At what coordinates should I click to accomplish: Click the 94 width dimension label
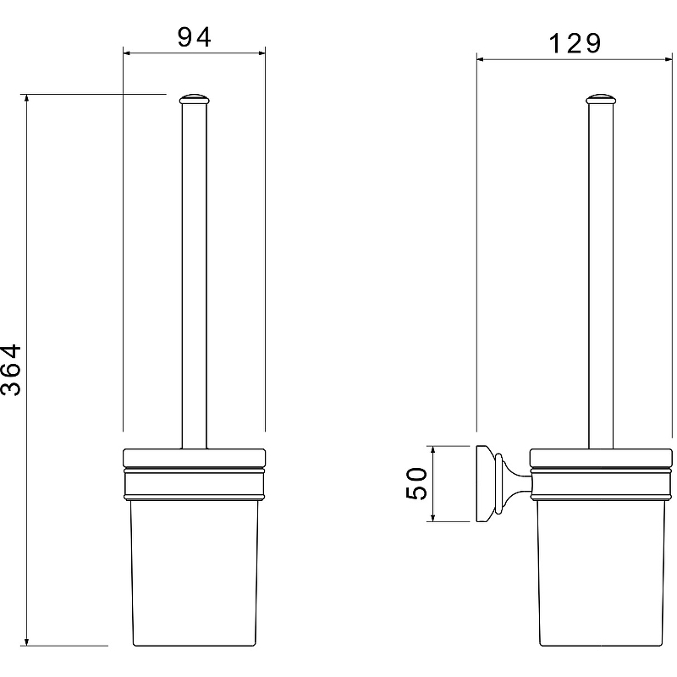tap(195, 37)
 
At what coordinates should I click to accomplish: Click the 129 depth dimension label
tap(575, 43)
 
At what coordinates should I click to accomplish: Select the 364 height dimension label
tap(11, 370)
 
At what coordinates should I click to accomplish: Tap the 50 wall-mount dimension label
tap(416, 483)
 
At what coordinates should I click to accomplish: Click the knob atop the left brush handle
tap(195, 99)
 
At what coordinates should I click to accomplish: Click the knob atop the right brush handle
tap(601, 99)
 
